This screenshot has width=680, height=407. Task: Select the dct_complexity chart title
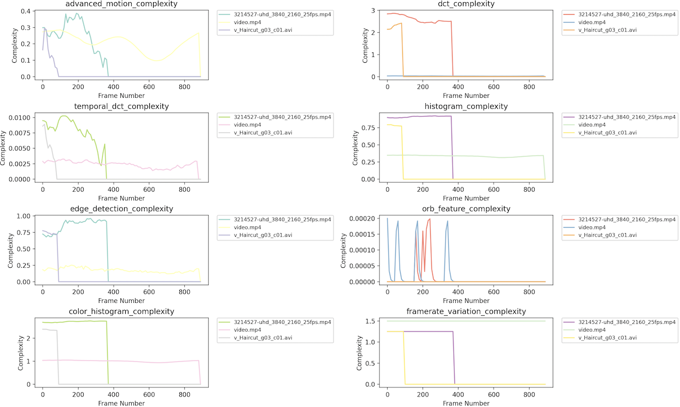(466, 4)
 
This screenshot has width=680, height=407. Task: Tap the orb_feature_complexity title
(466, 209)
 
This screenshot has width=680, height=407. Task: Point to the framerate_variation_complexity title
(466, 311)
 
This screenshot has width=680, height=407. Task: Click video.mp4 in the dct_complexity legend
(591, 22)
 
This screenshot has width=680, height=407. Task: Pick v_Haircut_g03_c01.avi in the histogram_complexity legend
(607, 133)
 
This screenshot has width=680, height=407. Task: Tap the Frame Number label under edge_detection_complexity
(121, 300)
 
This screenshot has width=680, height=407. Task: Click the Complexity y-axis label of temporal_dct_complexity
(5, 146)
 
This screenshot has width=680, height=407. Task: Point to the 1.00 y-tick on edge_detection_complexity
(26, 216)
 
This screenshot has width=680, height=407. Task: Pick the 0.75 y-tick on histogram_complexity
(371, 127)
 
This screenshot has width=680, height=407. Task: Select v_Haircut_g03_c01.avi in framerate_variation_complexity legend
(607, 338)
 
